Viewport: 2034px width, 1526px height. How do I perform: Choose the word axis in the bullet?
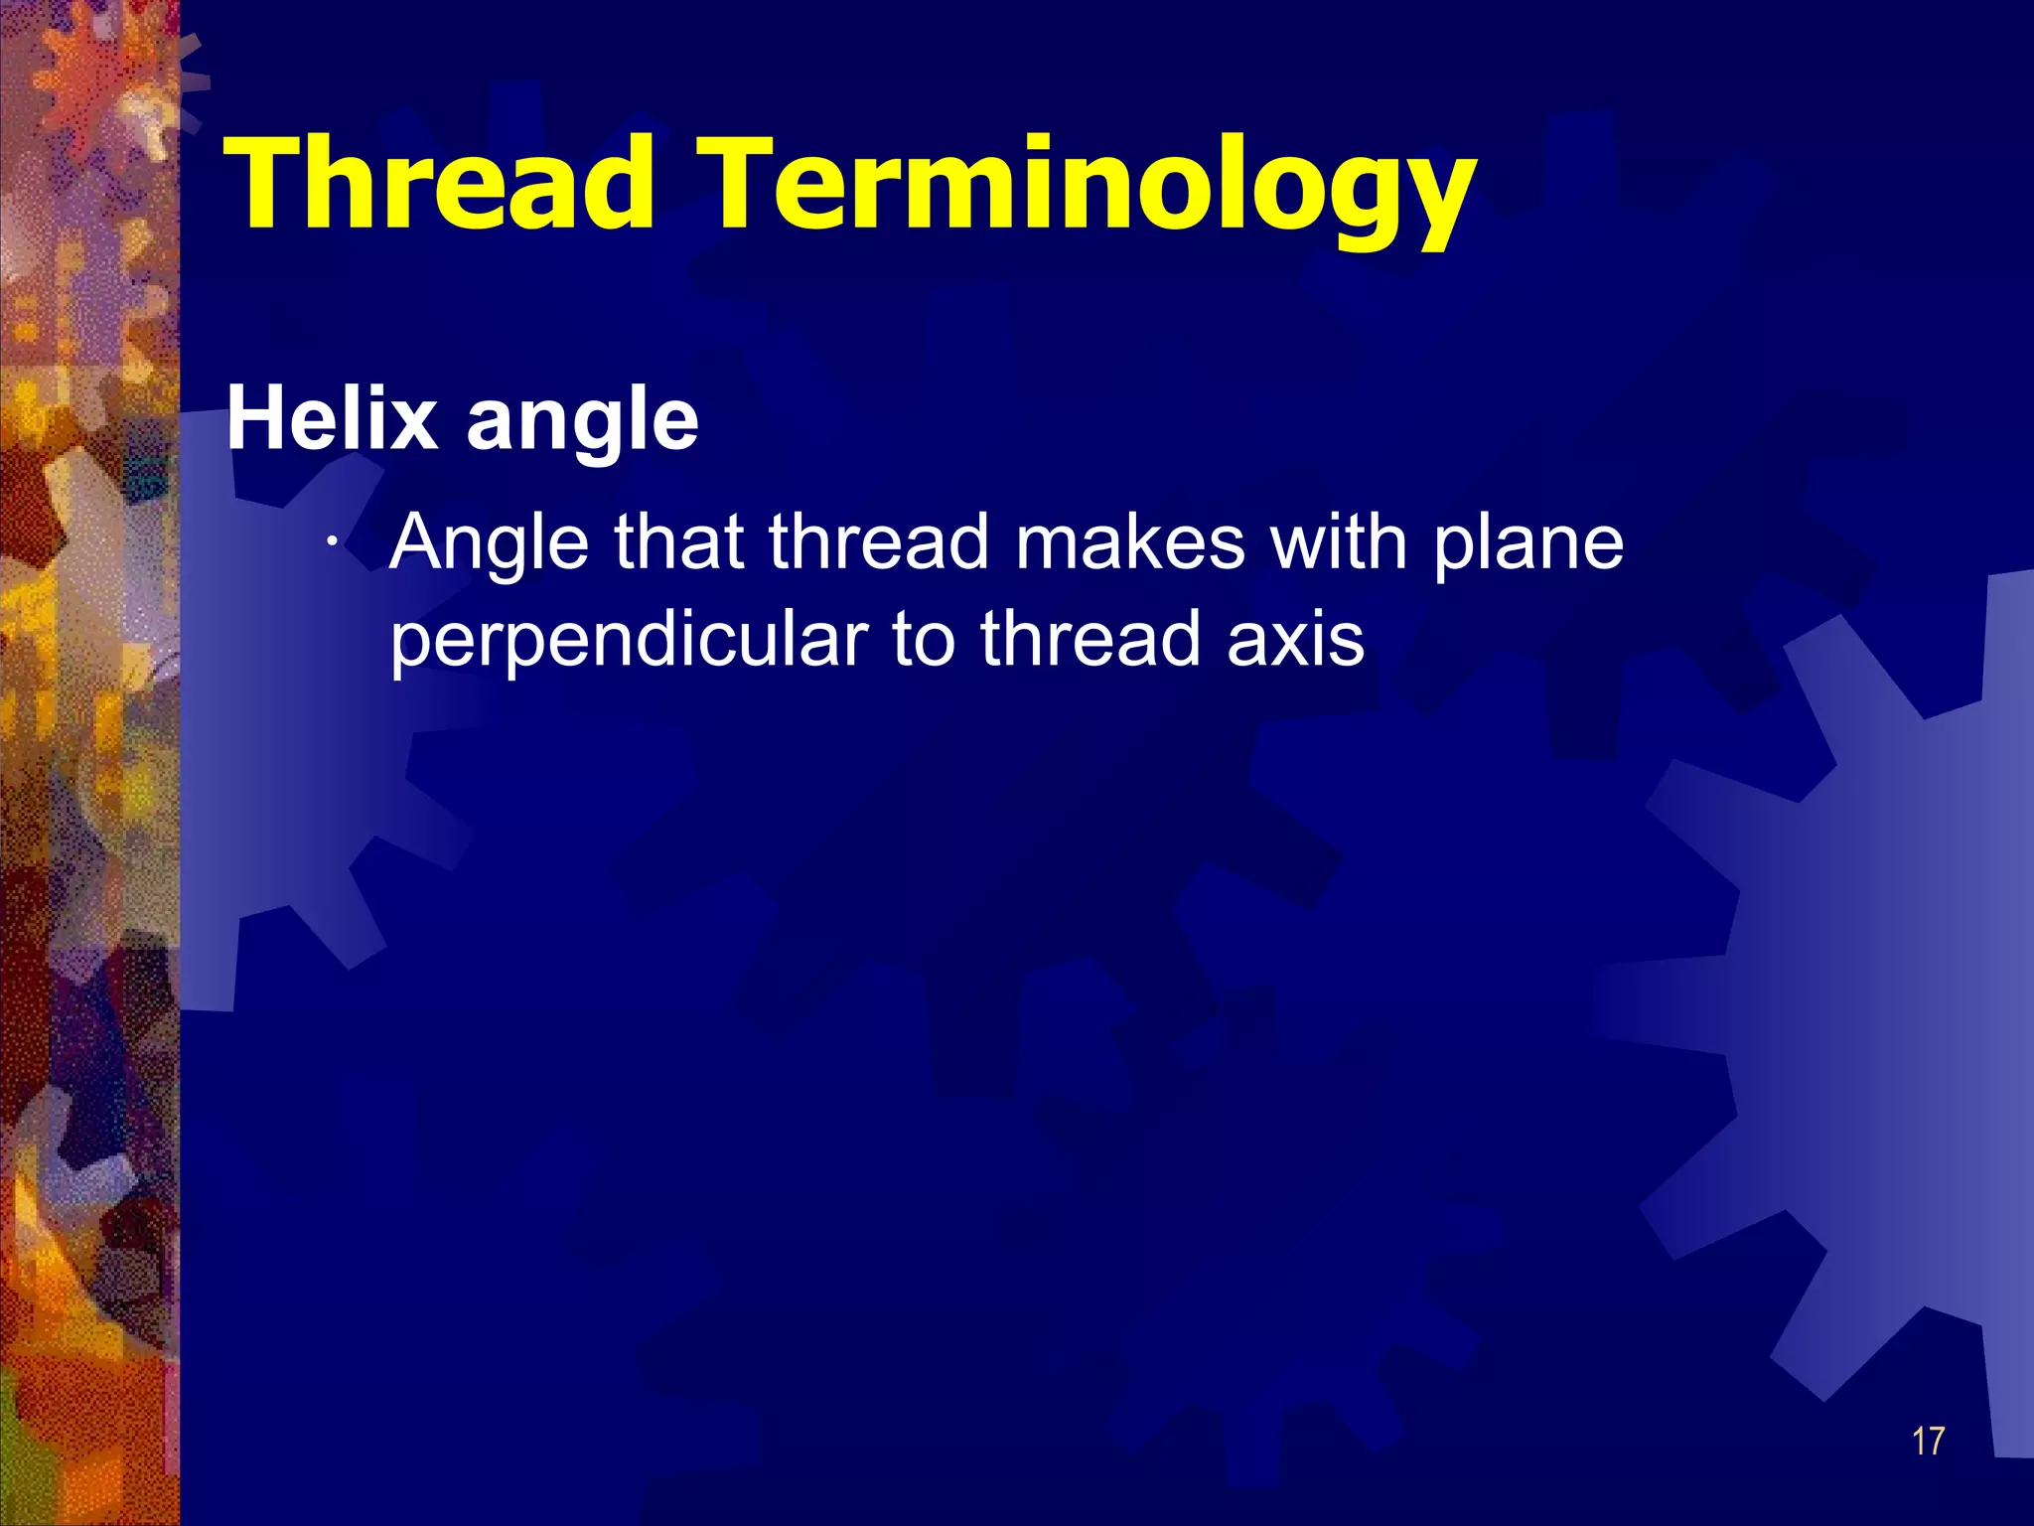1296,639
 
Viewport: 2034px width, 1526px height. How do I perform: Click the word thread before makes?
878,542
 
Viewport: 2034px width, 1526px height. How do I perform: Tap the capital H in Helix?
259,418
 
